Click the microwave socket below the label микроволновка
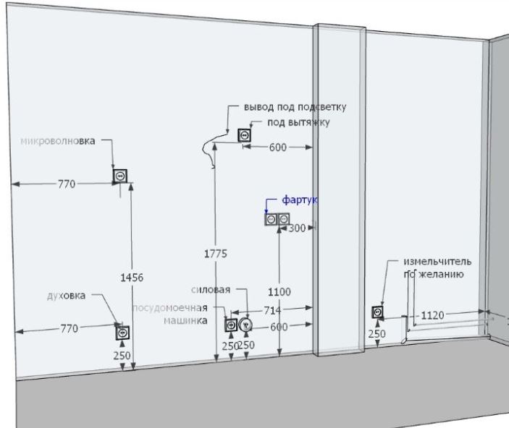(120, 175)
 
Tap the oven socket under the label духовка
(122, 332)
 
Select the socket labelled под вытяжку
(245, 134)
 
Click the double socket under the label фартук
(277, 219)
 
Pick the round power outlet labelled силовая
(246, 325)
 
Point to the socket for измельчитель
(377, 312)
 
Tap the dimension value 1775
(216, 253)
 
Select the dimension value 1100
(279, 291)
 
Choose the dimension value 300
(297, 228)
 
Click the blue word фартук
(295, 198)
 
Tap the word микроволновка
(58, 141)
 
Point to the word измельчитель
(438, 260)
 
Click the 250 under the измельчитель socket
(377, 334)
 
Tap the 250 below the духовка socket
(122, 355)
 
